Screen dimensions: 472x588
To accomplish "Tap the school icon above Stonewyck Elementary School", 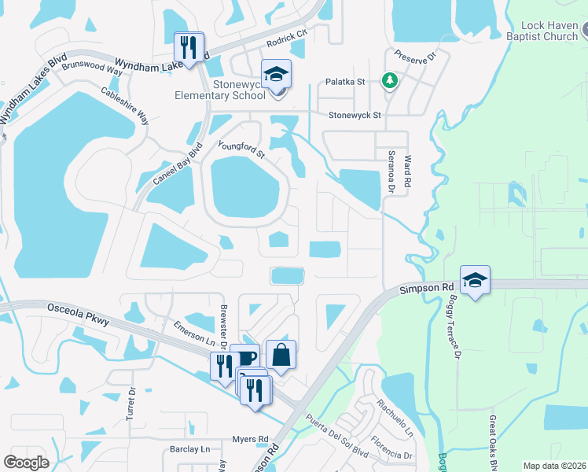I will point(276,74).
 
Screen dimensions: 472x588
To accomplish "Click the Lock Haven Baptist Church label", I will point(544,30).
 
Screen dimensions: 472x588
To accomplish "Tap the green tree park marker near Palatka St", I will point(388,79).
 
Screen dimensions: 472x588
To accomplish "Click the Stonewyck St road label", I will point(355,115).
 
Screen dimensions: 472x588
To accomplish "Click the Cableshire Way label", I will point(125,105).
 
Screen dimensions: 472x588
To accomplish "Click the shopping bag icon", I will point(282,354).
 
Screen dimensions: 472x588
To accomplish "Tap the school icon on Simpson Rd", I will point(475,280).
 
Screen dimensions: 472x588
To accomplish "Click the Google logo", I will point(27,462).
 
